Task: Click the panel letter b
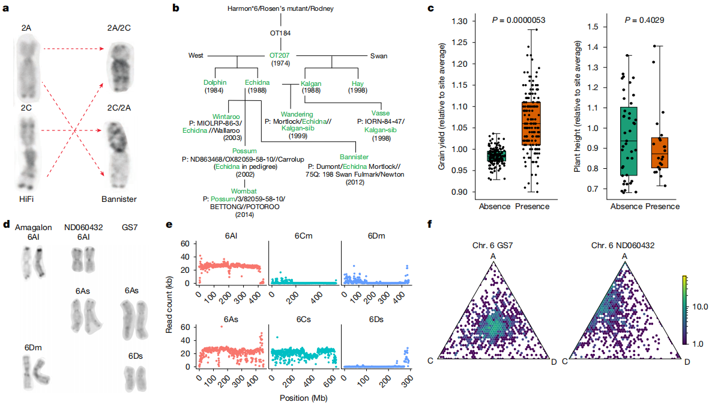tap(176, 8)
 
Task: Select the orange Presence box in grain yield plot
tap(531, 124)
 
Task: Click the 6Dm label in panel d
tap(33, 347)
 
